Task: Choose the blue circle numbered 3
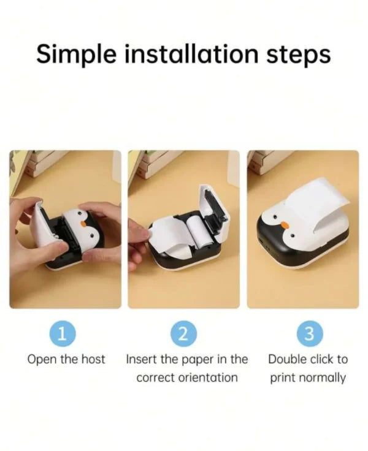(309, 333)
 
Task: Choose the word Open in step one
(39, 359)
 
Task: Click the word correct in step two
(155, 377)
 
